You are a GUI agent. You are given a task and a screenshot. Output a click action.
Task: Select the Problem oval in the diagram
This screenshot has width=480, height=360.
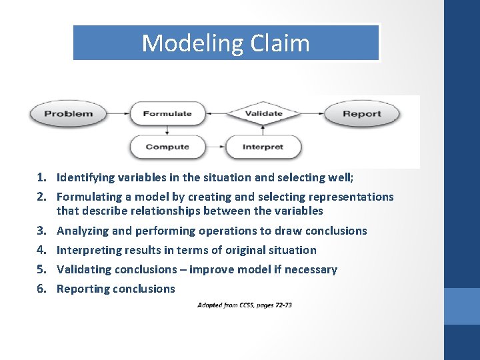coord(69,114)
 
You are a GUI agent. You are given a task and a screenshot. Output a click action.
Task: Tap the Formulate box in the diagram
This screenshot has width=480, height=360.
coord(167,114)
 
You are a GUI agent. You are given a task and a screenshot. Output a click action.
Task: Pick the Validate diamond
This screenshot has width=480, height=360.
coord(264,113)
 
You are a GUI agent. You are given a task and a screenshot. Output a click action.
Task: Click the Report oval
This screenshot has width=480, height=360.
coord(361,114)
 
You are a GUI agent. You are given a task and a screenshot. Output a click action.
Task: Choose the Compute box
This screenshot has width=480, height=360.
coord(167,147)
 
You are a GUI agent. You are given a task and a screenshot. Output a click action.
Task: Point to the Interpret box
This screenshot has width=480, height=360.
coord(263,147)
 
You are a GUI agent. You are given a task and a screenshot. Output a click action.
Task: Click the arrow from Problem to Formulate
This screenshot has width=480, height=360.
coord(118,114)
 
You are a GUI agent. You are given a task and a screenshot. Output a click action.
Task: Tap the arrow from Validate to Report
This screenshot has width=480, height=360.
coord(311,113)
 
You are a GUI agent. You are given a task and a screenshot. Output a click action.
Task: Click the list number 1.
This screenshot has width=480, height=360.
coord(41,177)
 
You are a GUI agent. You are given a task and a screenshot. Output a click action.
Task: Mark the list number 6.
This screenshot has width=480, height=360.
coord(41,289)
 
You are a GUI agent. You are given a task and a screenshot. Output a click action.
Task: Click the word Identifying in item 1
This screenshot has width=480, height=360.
coord(84,177)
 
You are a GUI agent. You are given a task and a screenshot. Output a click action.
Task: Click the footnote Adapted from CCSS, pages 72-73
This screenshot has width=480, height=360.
coord(245,305)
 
